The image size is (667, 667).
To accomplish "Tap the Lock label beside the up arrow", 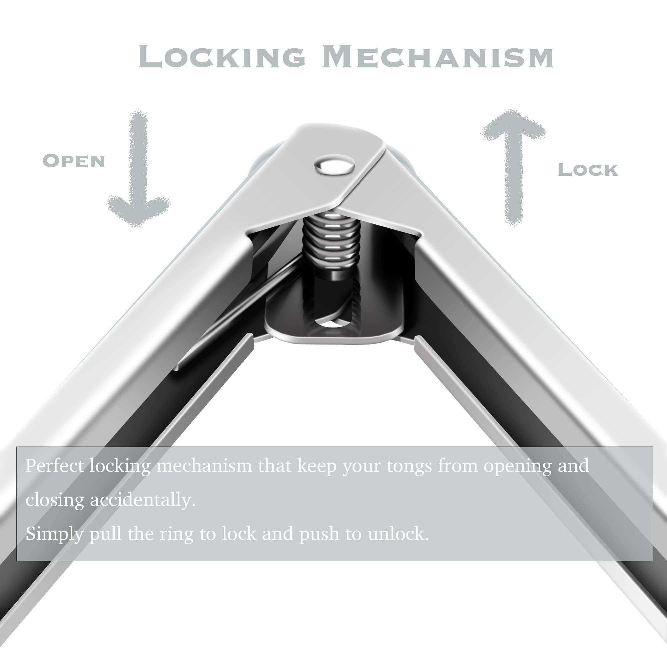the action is (588, 169).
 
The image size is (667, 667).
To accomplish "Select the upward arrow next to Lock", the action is (514, 166).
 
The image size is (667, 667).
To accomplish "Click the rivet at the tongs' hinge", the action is (335, 165).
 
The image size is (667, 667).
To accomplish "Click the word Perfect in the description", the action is (55, 466).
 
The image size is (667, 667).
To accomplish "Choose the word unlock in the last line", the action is (398, 534).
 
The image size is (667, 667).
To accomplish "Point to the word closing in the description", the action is (55, 501).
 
